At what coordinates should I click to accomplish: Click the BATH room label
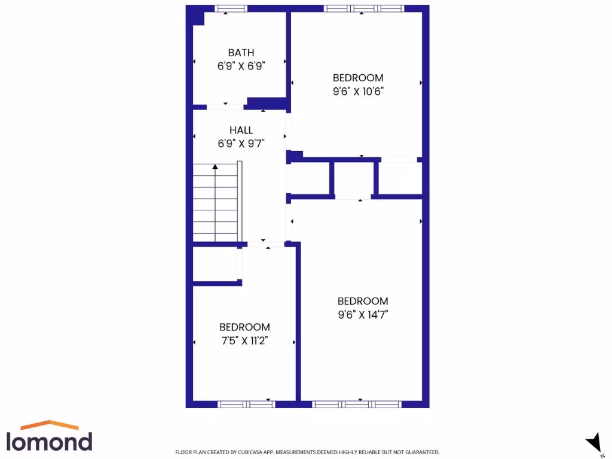coord(241,53)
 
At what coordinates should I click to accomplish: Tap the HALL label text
coord(241,130)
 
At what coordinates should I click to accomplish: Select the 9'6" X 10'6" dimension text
coord(358,91)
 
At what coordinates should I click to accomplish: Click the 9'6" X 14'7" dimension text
coord(362,315)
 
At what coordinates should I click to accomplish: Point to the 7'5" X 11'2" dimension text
coord(244,341)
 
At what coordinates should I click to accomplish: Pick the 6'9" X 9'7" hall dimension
coord(241,143)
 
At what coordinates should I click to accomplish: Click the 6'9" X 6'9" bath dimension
coord(241,66)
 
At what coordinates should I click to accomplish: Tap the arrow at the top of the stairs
coord(215,167)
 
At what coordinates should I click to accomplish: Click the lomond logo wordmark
coord(50,441)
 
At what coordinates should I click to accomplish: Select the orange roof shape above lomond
coord(50,425)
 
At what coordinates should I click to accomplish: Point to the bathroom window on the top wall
coord(231,8)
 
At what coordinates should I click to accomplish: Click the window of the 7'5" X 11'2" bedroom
coord(246,404)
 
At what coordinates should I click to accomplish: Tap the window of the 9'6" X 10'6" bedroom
coord(364,8)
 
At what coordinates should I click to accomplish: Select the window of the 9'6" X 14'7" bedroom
coord(356,404)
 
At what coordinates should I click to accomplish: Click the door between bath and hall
coord(225,107)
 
